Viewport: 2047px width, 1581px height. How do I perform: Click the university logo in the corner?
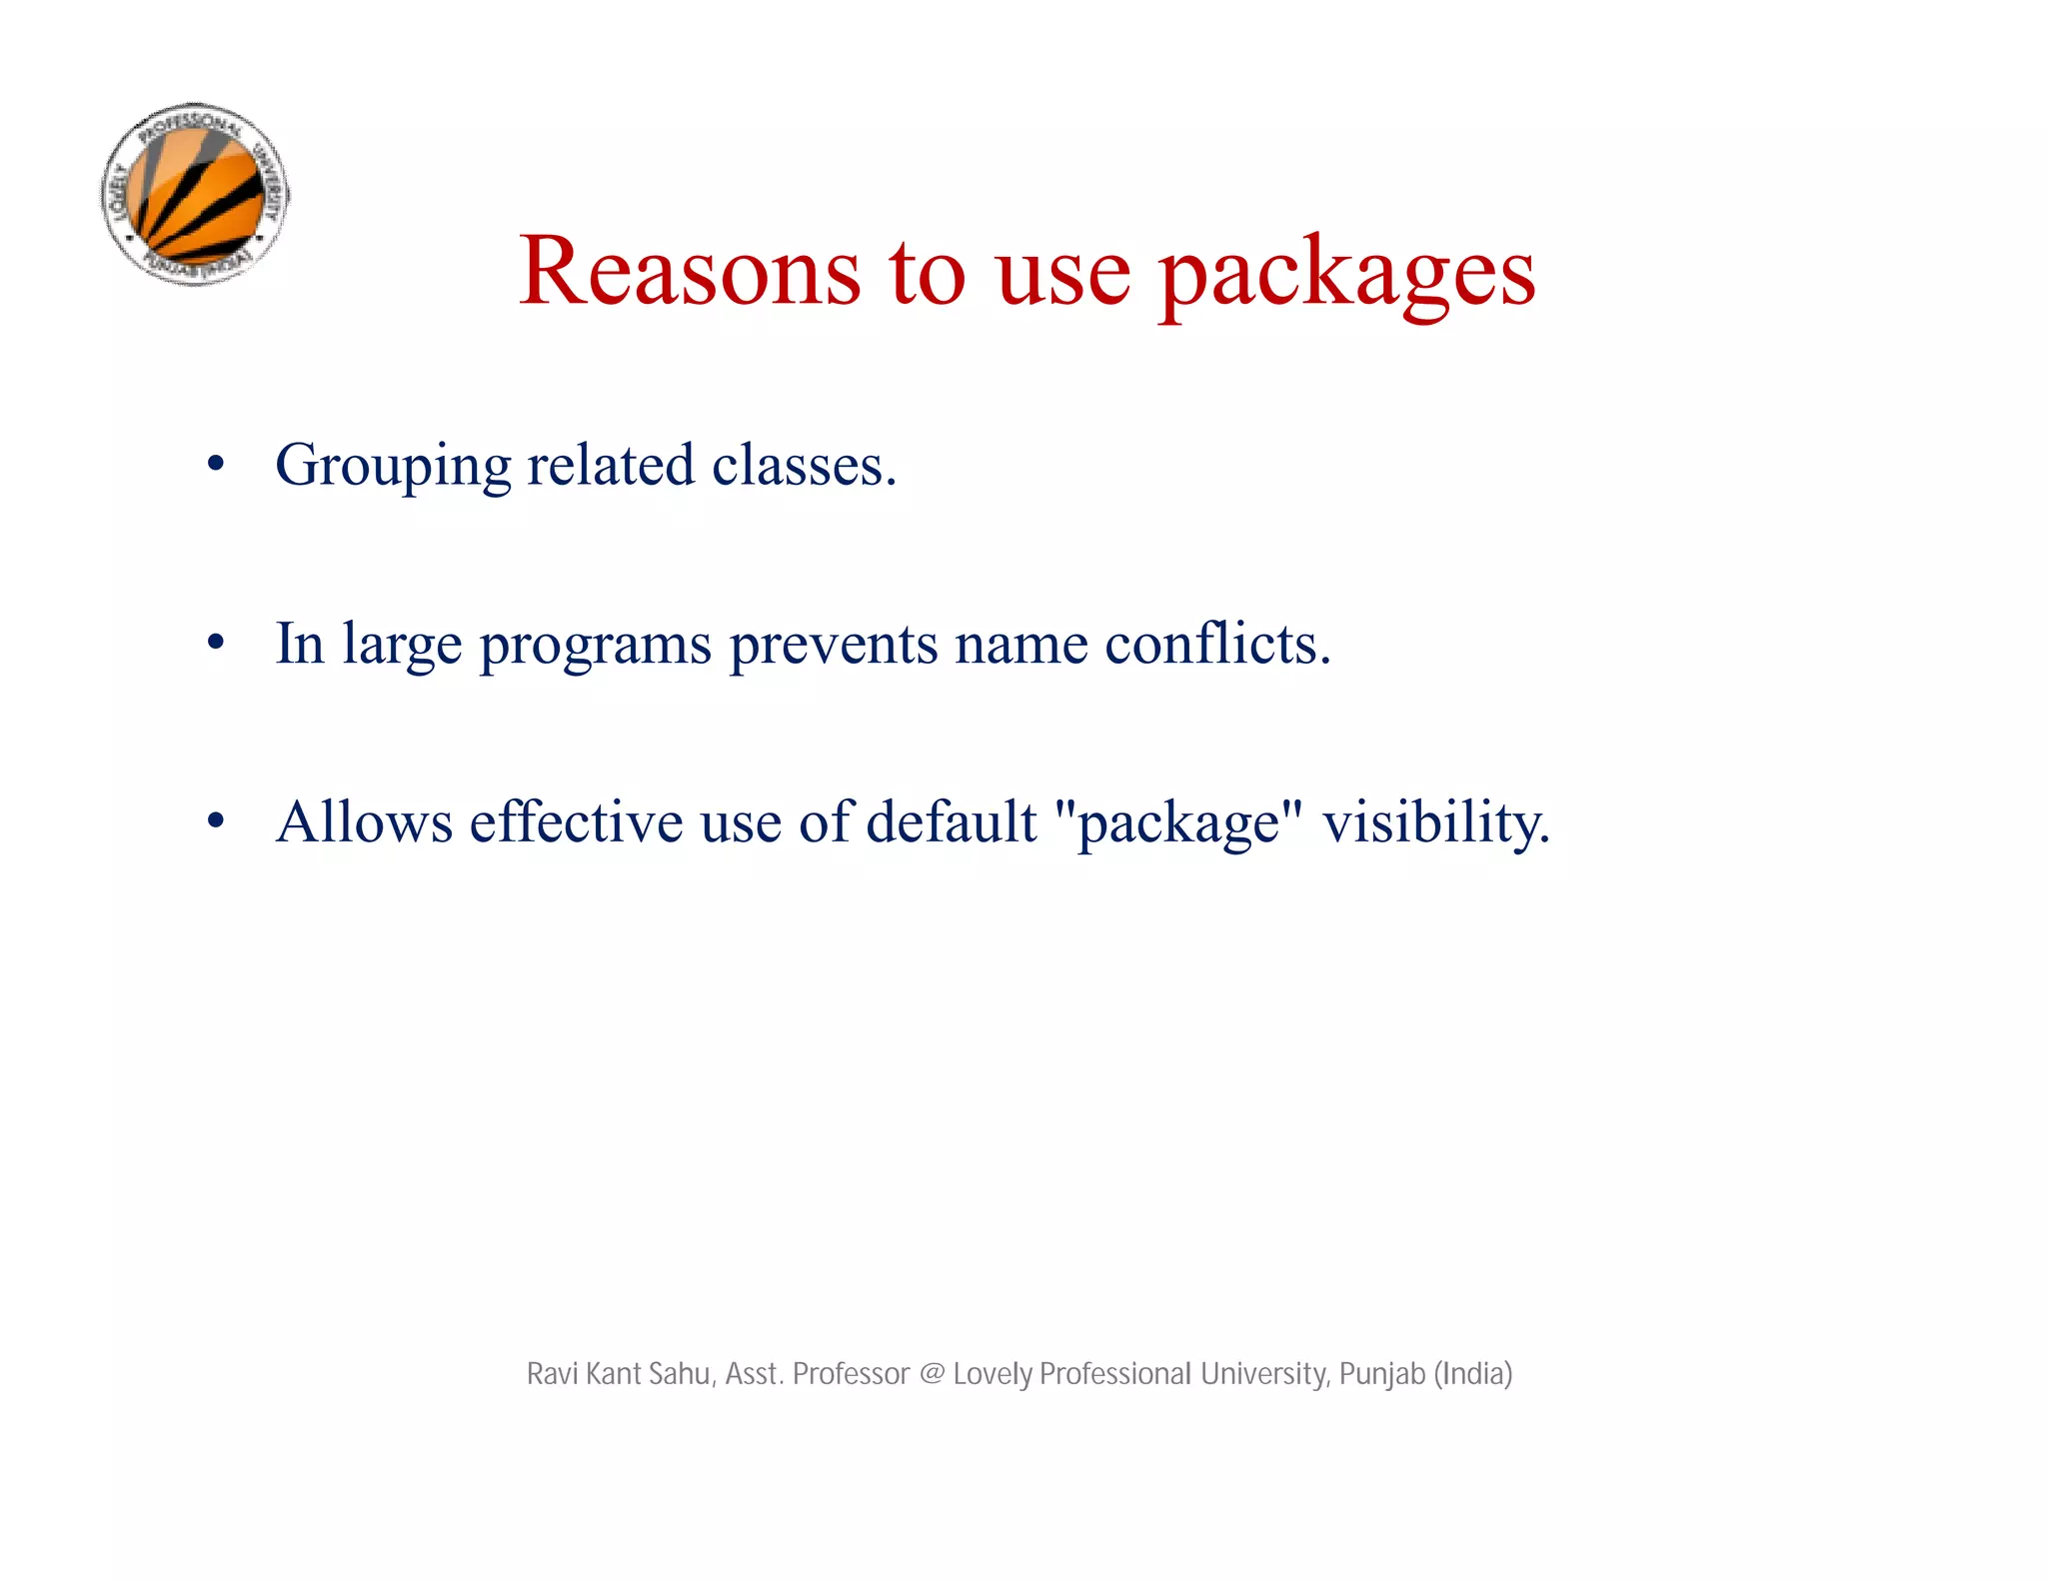coord(196,194)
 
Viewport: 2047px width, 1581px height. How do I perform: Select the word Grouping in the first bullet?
coord(393,466)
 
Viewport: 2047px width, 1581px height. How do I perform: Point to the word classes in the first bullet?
coord(804,466)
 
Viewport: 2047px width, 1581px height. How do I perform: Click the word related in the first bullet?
coord(610,466)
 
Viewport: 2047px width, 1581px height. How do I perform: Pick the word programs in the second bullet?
coord(595,645)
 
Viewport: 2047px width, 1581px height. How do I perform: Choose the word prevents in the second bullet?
coord(833,645)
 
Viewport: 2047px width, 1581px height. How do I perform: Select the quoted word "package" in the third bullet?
coord(1178,823)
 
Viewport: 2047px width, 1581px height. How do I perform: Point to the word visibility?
coord(1435,823)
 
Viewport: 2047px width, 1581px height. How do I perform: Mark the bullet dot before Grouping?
coord(215,465)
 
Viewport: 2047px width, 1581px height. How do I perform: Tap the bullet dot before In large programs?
coord(215,644)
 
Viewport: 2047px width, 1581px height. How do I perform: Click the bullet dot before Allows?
coord(215,821)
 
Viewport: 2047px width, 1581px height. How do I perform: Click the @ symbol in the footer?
coord(931,1374)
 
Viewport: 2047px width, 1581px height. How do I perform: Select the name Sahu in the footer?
coord(681,1374)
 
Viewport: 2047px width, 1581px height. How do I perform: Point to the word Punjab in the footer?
coord(1381,1375)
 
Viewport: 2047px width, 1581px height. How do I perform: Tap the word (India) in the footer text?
coord(1473,1374)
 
